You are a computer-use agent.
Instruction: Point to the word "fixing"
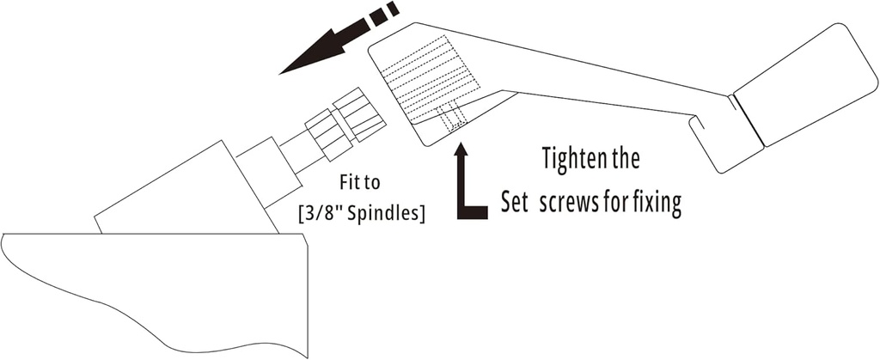point(657,204)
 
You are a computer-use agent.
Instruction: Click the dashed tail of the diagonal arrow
point(383,15)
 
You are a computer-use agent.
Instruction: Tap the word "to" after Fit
point(374,183)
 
